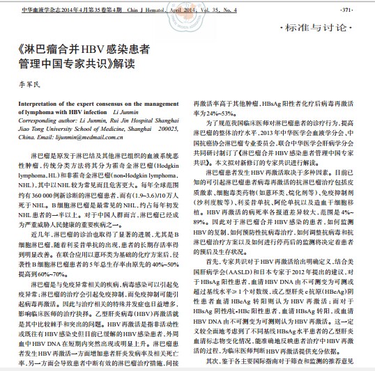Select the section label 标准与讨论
[331, 29]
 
